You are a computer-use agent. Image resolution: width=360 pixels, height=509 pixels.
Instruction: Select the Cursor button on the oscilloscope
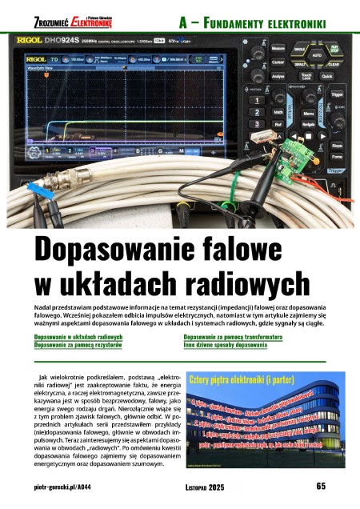(x=278, y=62)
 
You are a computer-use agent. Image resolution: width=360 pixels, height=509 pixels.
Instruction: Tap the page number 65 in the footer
(x=319, y=486)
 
